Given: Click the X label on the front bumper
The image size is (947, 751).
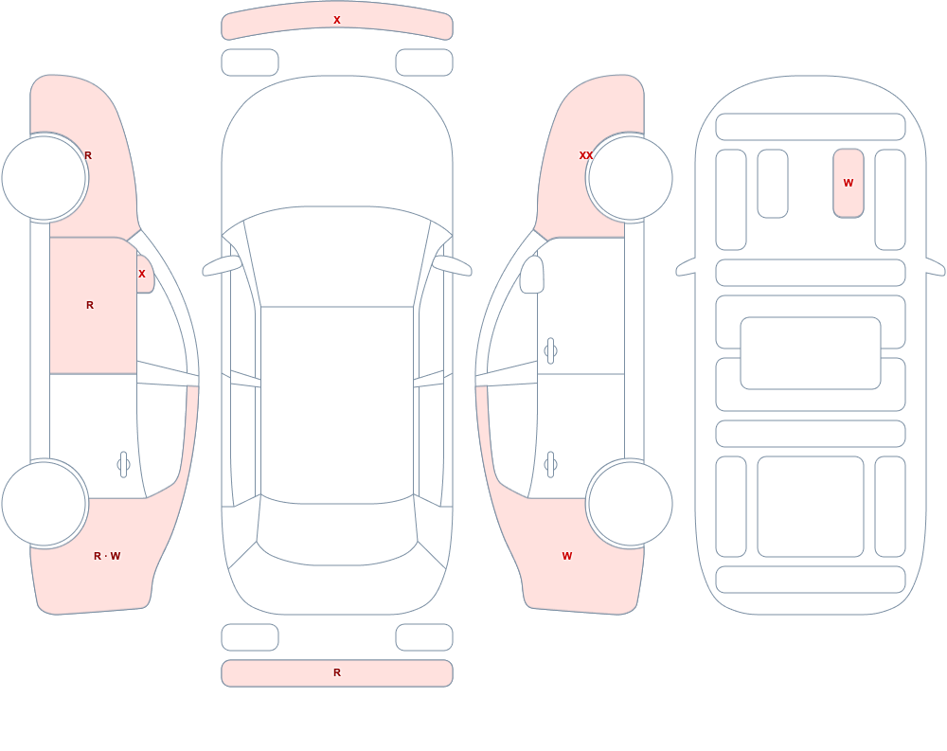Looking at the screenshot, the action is (x=337, y=20).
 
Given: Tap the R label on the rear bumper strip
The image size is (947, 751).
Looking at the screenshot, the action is (x=337, y=672).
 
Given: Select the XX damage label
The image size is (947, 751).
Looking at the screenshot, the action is (x=586, y=155).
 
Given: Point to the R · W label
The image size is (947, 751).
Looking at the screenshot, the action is (x=107, y=556).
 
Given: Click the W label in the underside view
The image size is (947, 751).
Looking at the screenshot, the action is (x=848, y=183).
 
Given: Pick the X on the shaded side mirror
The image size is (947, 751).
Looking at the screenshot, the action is (x=142, y=274).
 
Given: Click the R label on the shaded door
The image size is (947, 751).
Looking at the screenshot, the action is (x=90, y=305).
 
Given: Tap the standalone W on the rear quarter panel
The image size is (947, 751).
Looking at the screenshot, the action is (x=566, y=556).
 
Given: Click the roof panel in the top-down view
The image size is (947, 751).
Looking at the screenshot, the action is (x=337, y=404).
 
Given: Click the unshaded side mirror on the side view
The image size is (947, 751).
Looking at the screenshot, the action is (x=532, y=275).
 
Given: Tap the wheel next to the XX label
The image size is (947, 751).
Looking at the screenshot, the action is (x=630, y=178).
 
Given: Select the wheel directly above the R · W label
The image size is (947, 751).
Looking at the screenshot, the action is (x=45, y=503).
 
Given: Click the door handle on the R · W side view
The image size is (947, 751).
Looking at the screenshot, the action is (x=123, y=465).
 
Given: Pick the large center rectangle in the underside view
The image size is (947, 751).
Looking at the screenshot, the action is (x=811, y=353).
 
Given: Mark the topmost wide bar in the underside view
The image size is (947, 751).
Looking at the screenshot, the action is (x=811, y=127).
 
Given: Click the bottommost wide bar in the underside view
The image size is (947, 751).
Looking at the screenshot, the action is (x=811, y=580).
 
